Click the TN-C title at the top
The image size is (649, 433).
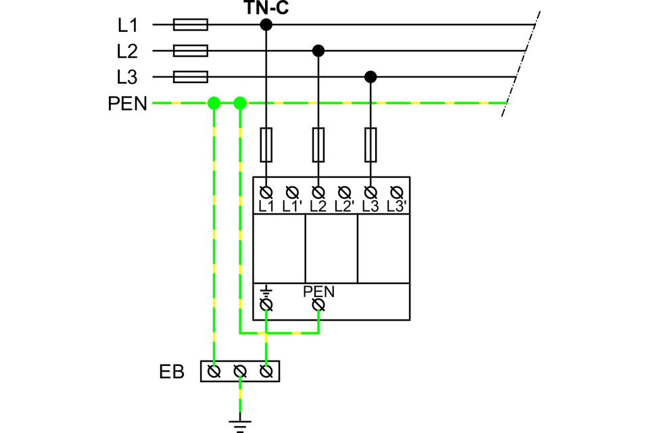[266, 7]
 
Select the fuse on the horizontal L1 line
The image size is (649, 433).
[191, 25]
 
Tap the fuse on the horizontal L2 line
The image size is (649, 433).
[191, 51]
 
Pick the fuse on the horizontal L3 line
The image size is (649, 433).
[191, 77]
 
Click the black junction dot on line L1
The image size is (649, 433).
[266, 25]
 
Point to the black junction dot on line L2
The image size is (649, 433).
[318, 51]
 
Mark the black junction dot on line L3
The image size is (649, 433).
[370, 77]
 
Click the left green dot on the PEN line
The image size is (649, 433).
[214, 103]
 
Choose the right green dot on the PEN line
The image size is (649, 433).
[240, 103]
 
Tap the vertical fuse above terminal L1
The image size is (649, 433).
[266, 145]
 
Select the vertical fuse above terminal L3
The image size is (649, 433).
[370, 145]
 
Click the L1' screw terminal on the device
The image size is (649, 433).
[292, 192]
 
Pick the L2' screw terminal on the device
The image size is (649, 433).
[344, 192]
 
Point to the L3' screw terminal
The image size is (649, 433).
[397, 192]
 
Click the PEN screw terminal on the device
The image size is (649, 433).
[318, 305]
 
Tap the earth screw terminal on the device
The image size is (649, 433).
[266, 305]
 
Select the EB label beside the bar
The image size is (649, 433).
[171, 371]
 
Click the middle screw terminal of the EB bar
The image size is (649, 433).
[240, 371]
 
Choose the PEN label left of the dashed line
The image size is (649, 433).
[128, 104]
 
